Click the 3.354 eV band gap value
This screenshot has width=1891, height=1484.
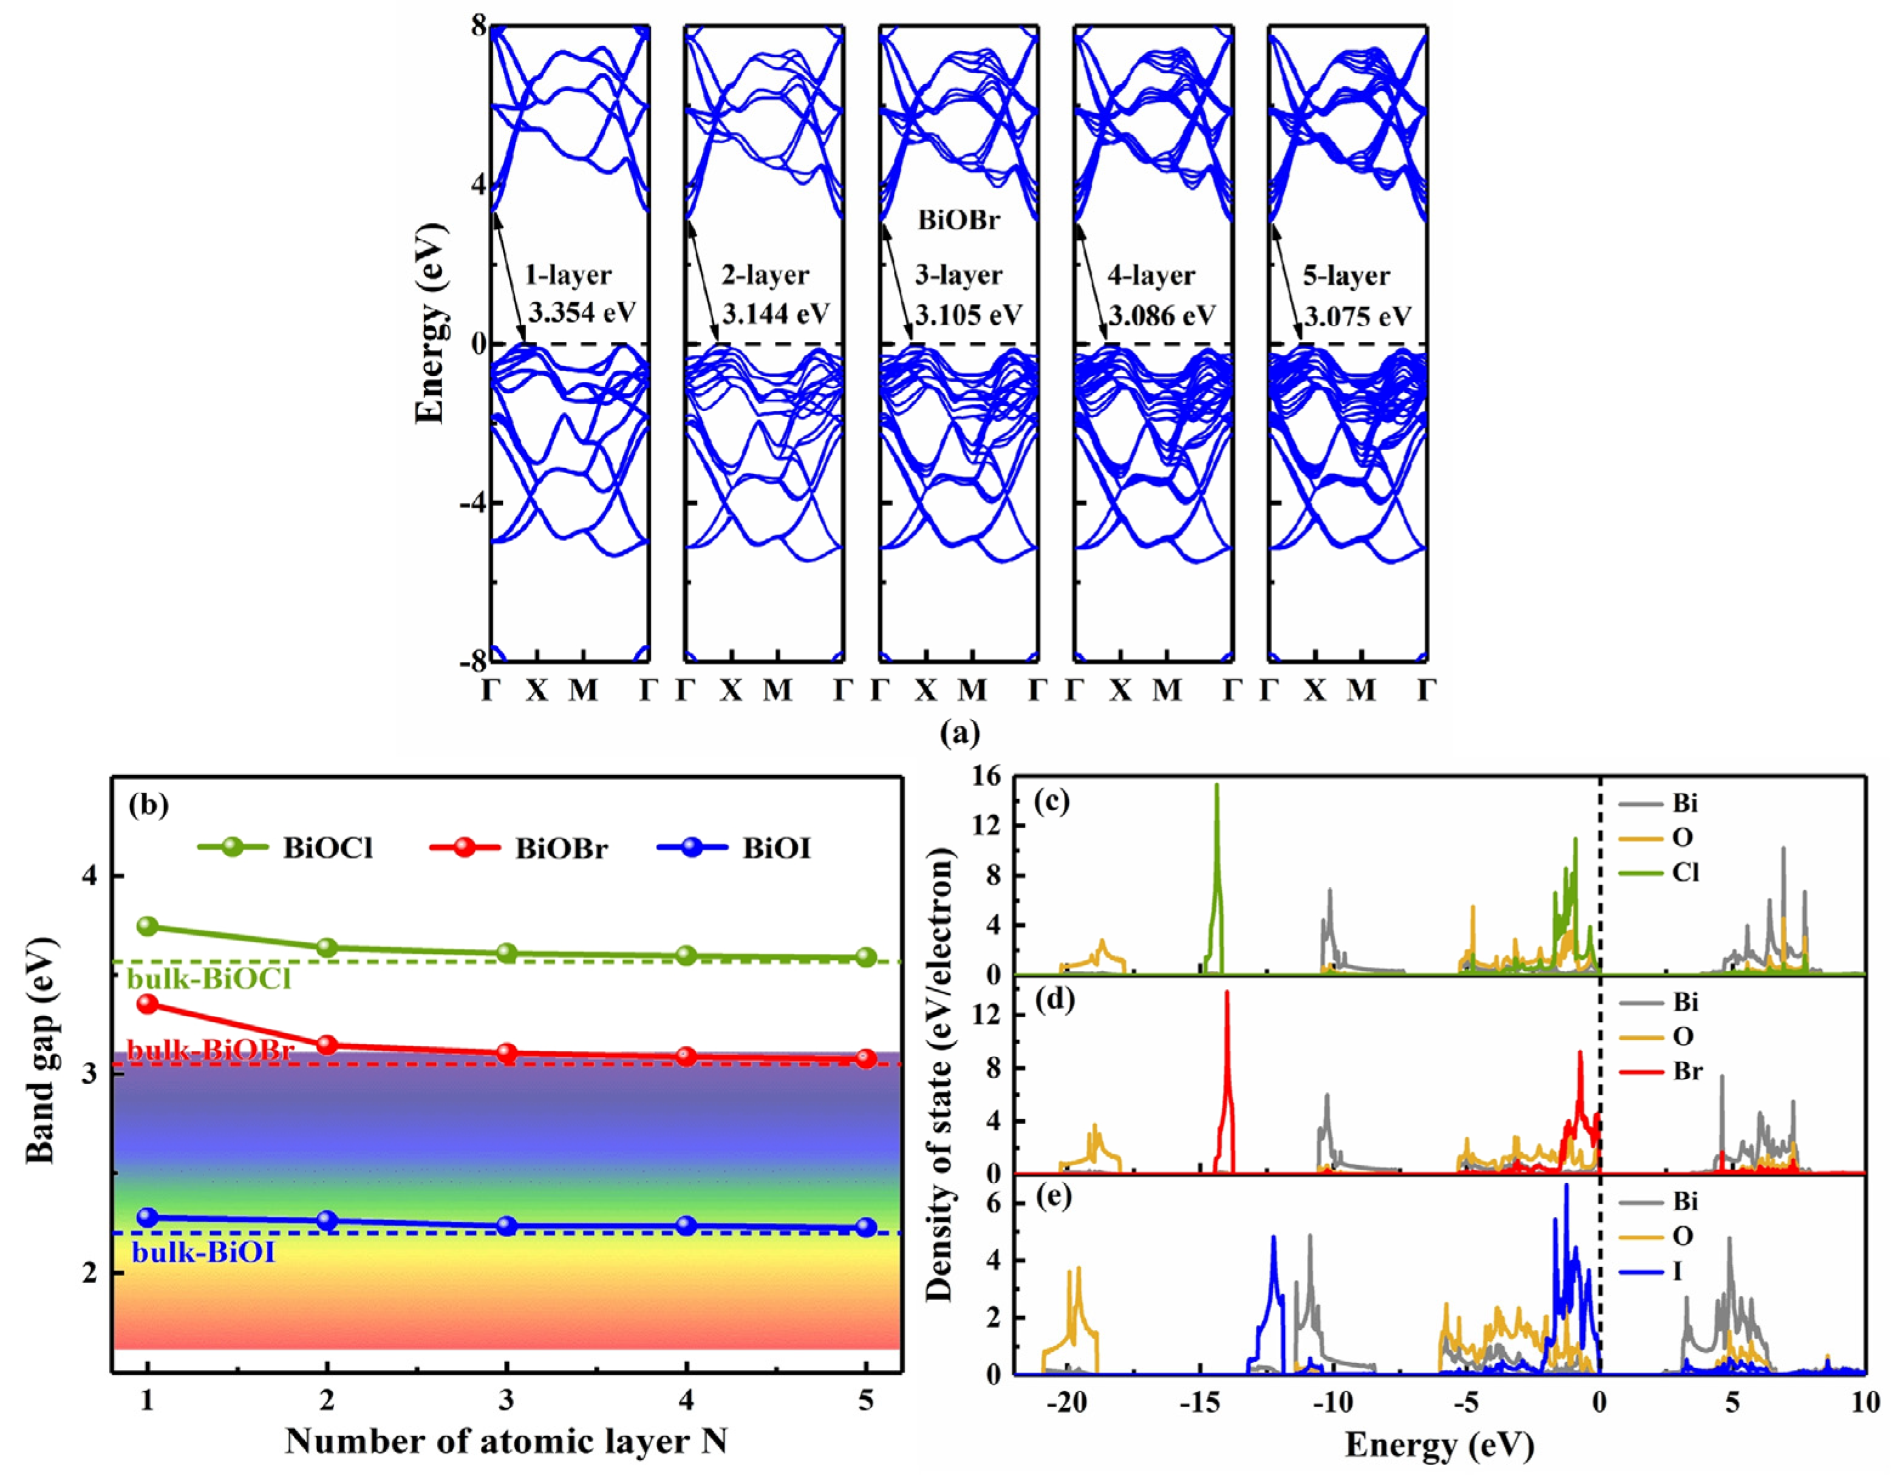(581, 313)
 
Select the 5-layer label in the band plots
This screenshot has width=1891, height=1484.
(1346, 276)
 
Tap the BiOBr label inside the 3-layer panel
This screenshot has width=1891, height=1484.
(958, 220)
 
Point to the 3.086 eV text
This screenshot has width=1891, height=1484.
(1162, 315)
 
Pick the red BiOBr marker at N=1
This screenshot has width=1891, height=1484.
(148, 1004)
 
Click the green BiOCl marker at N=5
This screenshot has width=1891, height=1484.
(865, 956)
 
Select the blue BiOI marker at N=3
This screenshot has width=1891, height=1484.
(506, 1226)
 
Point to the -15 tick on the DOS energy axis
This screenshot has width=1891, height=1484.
(1199, 1402)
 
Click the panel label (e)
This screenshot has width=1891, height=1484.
(1052, 1198)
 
